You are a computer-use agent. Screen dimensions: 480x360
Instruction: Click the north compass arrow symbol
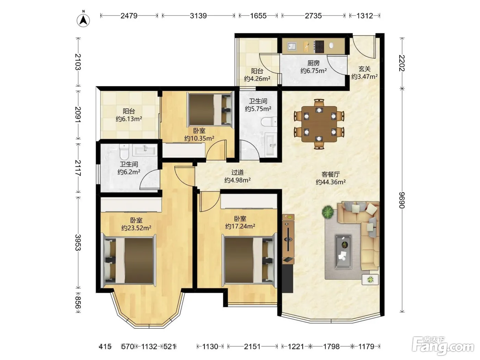[x=83, y=21]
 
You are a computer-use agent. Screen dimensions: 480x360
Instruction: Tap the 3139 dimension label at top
[x=198, y=16]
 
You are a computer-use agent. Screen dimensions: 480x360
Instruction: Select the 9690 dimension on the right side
[x=402, y=200]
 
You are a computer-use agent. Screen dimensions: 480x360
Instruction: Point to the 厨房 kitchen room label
[x=314, y=63]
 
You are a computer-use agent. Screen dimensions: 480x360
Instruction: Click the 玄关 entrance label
[x=364, y=69]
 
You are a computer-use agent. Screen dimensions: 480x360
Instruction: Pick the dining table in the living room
[x=319, y=124]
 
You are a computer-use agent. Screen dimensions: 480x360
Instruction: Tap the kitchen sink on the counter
[x=291, y=46]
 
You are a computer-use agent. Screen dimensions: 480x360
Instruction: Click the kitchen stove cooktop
[x=319, y=47]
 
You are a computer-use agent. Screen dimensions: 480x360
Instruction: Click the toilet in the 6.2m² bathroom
[x=124, y=152]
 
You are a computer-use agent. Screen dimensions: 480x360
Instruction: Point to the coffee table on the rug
[x=344, y=251]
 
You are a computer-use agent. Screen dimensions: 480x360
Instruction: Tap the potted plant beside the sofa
[x=328, y=212]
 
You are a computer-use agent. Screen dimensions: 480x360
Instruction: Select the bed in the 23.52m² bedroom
[x=129, y=260]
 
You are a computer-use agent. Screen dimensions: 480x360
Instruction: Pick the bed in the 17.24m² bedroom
[x=249, y=260]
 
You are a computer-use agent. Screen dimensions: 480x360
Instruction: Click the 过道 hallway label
[x=238, y=172]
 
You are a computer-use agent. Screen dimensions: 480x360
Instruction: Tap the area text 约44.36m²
[x=331, y=182]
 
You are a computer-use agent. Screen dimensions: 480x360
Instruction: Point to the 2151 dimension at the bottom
[x=252, y=346]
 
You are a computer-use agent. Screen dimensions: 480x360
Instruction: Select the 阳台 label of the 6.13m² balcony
[x=129, y=111]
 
